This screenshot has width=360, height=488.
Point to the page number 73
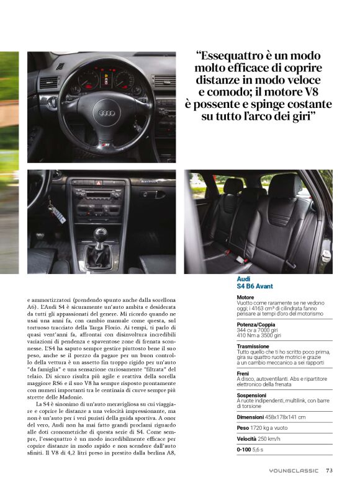coord(330,470)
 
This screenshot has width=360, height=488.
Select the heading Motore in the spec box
coord(245,298)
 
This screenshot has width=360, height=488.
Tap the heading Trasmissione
coord(253,347)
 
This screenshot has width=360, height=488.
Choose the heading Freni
coord(243,373)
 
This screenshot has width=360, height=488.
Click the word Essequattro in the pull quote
coord(233,55)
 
